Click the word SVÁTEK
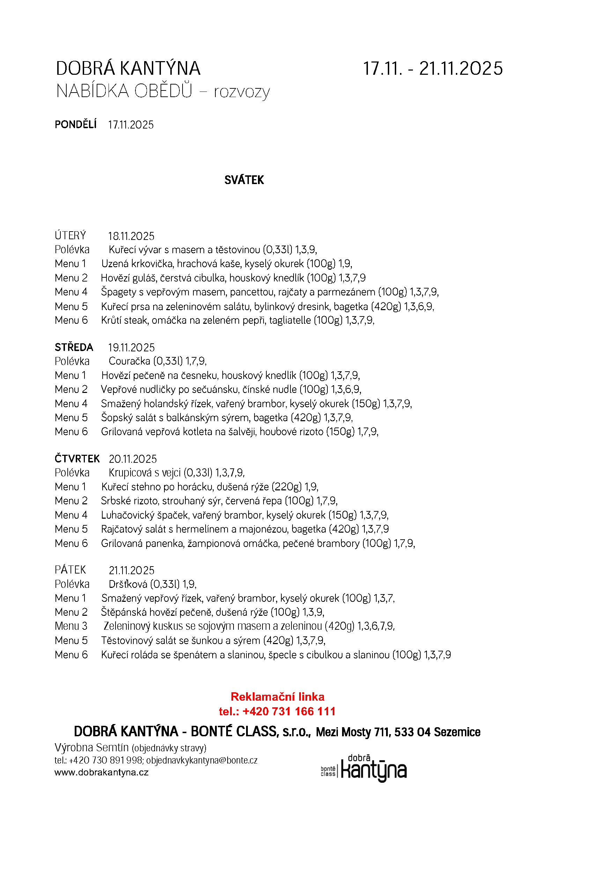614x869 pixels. (x=244, y=180)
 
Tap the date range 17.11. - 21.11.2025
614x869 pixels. (x=433, y=69)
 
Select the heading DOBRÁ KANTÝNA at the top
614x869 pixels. (x=128, y=69)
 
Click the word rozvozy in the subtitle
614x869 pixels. (x=242, y=92)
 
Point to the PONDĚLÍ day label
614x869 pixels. (x=76, y=125)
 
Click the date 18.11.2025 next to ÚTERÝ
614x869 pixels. (x=131, y=236)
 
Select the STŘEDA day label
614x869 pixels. (x=74, y=347)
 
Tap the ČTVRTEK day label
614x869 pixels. (x=77, y=459)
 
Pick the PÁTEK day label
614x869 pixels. (x=71, y=570)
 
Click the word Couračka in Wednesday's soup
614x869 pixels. (x=130, y=361)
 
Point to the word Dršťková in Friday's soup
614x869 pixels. (x=128, y=584)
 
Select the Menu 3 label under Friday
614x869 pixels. (x=71, y=626)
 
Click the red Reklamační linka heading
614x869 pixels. (x=277, y=697)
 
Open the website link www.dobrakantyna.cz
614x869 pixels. (x=101, y=773)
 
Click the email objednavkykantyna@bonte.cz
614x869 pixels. (x=202, y=760)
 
